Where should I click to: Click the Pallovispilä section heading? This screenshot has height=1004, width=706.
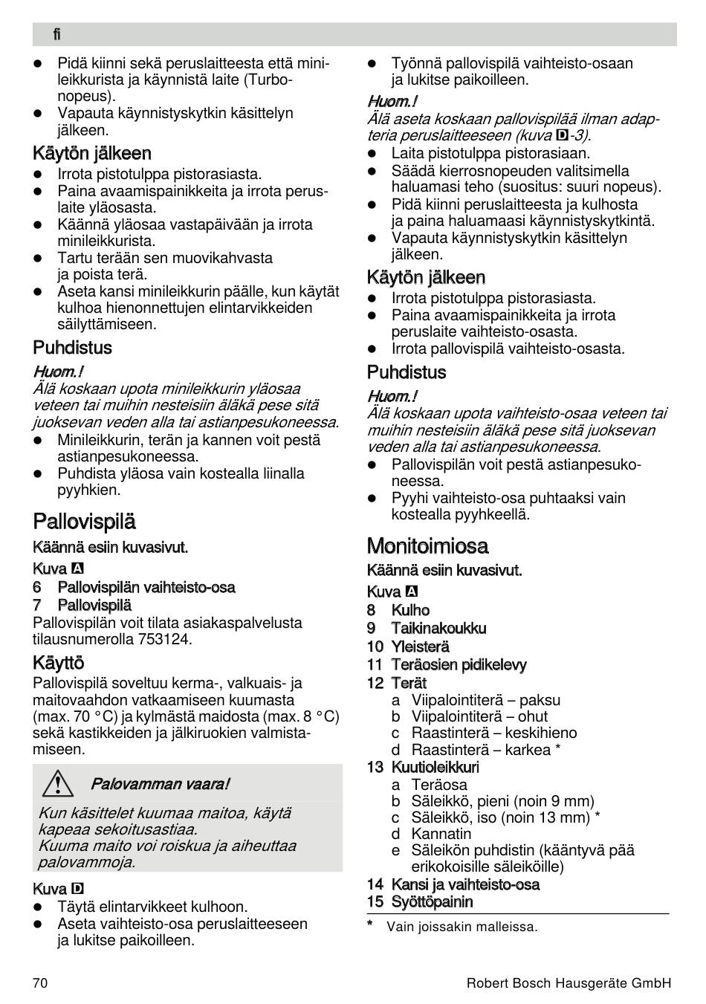click(85, 522)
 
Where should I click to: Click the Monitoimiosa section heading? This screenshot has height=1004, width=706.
click(427, 546)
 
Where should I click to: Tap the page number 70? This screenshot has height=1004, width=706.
click(40, 983)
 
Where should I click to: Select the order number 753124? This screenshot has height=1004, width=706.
click(163, 639)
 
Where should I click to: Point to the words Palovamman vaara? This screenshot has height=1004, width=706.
click(160, 784)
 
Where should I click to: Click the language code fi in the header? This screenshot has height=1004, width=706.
click(56, 34)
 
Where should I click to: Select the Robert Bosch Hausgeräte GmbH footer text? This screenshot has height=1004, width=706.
click(569, 983)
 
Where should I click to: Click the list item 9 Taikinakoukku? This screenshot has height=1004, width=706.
click(427, 629)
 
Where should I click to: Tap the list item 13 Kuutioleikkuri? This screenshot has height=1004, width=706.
click(423, 767)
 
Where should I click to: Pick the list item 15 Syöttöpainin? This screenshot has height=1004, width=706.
click(420, 902)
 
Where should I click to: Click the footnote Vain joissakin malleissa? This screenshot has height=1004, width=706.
click(462, 927)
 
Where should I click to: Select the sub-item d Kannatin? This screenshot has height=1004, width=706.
click(432, 834)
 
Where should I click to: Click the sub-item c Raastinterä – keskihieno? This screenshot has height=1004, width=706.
click(485, 733)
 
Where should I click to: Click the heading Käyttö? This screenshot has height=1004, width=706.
click(59, 663)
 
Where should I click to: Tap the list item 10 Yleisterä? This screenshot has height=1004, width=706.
click(408, 647)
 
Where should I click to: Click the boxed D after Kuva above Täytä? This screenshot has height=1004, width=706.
click(77, 889)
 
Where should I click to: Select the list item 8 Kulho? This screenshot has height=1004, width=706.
click(398, 610)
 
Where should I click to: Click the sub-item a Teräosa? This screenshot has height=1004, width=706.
click(430, 785)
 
